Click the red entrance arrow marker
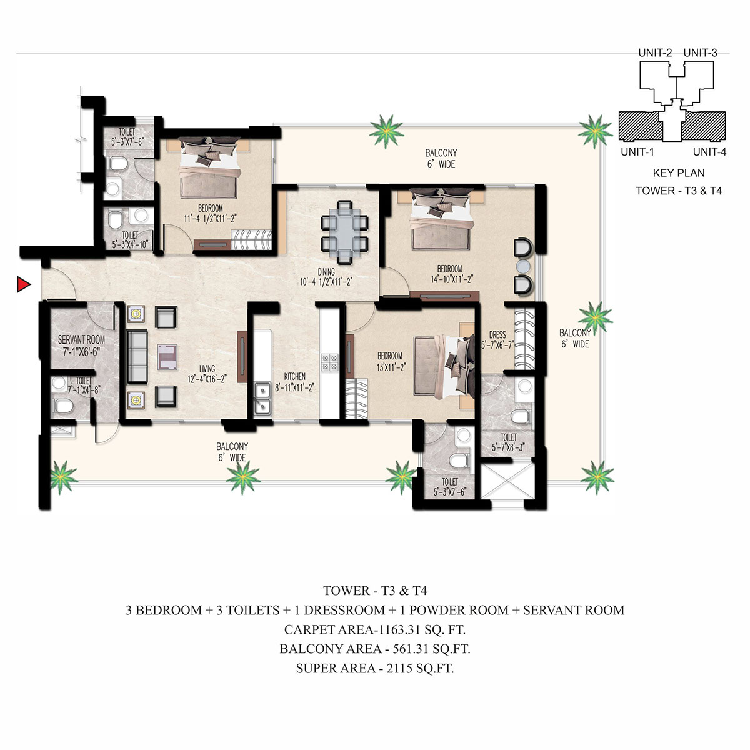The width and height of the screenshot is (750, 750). [23, 284]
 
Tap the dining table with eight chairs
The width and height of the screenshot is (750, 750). [344, 232]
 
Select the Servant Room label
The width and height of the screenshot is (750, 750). [81, 346]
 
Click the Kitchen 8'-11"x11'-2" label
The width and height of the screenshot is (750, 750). [294, 382]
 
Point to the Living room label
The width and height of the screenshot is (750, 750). [207, 374]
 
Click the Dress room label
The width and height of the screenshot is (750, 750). [497, 340]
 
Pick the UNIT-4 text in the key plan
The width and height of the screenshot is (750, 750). [709, 152]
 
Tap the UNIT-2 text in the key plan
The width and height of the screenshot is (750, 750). [655, 53]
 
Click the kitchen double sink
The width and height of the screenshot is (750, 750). [262, 397]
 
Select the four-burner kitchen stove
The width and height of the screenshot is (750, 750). [329, 362]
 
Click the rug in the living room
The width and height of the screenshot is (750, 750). [167, 356]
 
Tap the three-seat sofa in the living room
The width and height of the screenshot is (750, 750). [137, 356]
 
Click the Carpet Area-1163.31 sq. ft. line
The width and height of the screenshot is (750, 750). [375, 629]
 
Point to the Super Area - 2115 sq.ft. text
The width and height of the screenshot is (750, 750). [375, 668]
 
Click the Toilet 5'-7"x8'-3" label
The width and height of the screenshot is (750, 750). [509, 442]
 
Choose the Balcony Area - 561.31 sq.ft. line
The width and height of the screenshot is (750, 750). [375, 649]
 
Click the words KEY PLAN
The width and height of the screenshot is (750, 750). [679, 172]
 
